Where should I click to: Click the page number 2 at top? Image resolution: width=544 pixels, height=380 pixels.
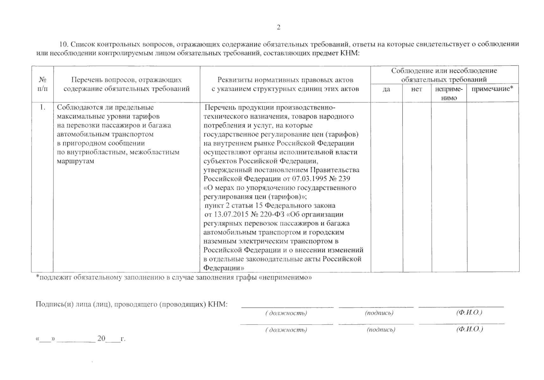[x=278, y=28]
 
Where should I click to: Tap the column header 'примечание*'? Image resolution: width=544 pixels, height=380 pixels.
[x=492, y=89]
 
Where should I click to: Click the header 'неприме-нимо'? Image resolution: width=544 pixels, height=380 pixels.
[x=449, y=93]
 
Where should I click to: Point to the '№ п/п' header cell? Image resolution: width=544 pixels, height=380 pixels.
[x=42, y=84]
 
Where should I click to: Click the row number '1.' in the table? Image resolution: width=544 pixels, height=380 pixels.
[x=42, y=107]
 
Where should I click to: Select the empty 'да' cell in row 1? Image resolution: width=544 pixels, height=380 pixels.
[x=386, y=187]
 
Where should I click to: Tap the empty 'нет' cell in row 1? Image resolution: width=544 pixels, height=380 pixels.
[x=417, y=187]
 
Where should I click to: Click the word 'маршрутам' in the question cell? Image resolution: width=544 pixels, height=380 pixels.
[x=75, y=161]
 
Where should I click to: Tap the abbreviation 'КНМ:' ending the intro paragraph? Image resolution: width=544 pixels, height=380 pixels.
[x=350, y=53]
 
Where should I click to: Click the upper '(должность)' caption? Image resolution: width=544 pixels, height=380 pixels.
[x=286, y=313]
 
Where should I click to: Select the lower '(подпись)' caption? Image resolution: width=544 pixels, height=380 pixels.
[x=381, y=330]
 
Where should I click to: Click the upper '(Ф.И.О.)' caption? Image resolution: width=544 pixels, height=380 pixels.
[x=469, y=313]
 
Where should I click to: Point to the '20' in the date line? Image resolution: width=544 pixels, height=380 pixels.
[x=101, y=339]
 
